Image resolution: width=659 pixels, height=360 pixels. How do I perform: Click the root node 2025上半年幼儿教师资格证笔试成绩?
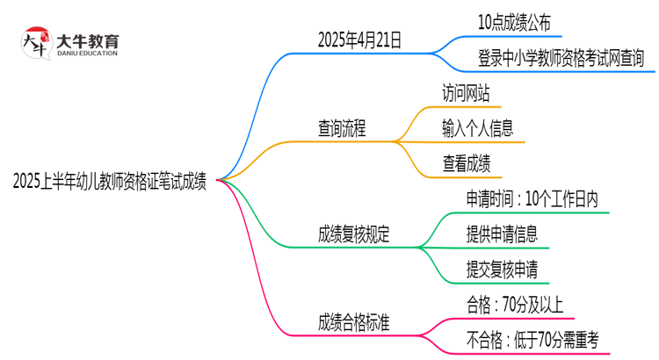click(110, 183)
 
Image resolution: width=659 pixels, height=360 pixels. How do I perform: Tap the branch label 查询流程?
click(342, 128)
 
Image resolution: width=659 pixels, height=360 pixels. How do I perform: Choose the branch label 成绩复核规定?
click(354, 234)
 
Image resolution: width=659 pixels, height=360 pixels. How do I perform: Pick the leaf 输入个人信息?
click(478, 128)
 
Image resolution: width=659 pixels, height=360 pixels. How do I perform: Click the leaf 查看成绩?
click(466, 163)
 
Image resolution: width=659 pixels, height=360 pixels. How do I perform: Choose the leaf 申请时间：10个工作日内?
click(532, 199)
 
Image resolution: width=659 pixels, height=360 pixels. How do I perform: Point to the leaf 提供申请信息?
click(502, 234)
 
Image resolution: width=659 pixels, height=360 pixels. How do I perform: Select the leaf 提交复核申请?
click(502, 269)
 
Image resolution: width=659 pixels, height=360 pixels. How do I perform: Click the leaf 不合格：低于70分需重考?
click(533, 339)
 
